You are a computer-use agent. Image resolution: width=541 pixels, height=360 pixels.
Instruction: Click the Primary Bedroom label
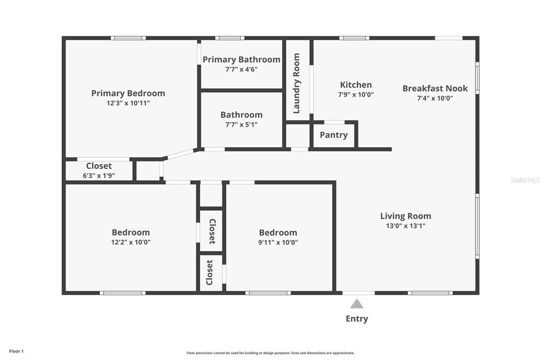point(128,93)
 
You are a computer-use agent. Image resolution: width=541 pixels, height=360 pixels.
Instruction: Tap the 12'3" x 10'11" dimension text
point(128,103)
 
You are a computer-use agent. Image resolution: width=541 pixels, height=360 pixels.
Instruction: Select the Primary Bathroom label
point(241,60)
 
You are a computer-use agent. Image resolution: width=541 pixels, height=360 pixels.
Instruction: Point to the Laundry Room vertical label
point(296,83)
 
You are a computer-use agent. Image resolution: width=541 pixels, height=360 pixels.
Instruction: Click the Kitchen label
point(356,85)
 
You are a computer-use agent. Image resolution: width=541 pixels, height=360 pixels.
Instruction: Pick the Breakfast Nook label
point(435,88)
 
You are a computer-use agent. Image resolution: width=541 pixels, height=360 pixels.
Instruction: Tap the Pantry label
point(334,135)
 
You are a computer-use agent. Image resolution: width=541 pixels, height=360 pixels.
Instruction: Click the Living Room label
point(405,216)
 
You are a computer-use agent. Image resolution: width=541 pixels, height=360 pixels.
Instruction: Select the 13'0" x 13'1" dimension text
point(405,226)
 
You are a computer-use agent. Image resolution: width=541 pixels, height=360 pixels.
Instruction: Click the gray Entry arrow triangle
point(357,304)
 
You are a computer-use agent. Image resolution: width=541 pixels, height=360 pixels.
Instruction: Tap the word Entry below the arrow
point(357,319)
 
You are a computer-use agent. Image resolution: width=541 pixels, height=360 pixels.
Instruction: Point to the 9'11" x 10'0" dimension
point(278,242)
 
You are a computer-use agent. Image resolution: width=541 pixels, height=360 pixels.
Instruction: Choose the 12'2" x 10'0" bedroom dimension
point(131,242)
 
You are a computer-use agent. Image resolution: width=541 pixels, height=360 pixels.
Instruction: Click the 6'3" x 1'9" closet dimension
point(99,176)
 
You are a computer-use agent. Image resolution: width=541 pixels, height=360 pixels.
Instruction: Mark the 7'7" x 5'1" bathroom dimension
point(241,125)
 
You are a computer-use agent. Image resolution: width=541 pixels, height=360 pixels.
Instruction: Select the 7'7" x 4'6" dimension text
point(241,69)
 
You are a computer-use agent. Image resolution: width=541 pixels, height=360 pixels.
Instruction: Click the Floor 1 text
point(16,352)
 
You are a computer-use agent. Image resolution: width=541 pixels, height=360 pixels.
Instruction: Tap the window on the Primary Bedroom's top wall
point(128,38)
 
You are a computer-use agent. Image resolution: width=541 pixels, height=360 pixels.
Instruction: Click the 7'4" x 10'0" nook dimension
point(435,98)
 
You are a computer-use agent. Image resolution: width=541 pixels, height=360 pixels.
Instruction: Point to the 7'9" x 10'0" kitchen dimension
point(356,94)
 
